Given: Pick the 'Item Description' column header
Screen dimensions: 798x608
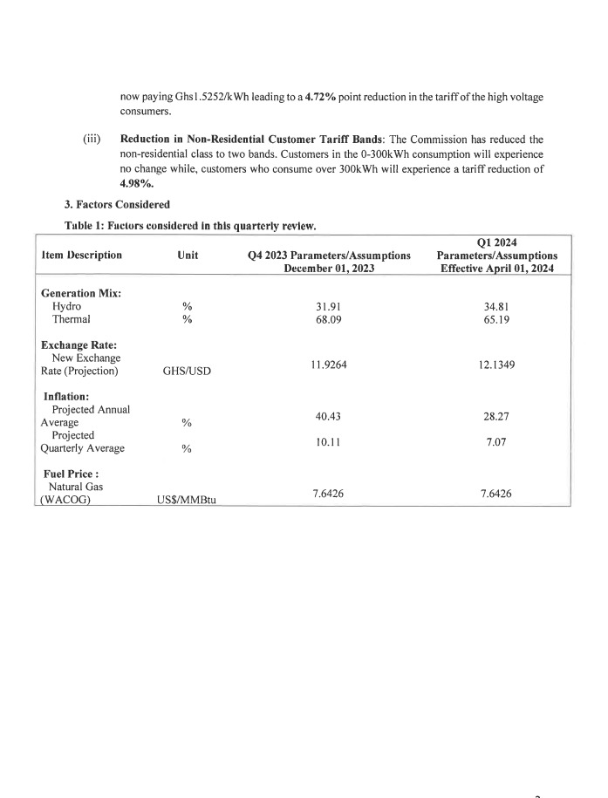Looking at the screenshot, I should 82,256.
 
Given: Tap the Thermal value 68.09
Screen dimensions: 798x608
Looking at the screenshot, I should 328,319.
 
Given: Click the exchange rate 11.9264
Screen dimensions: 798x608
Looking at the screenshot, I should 329,365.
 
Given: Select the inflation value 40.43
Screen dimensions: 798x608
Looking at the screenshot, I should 328,416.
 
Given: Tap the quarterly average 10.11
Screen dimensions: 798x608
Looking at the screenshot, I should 328,442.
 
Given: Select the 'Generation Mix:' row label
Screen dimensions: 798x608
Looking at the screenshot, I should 81,293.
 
